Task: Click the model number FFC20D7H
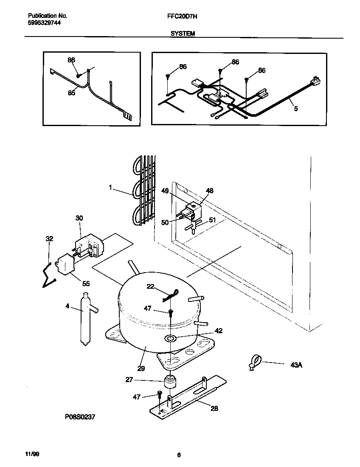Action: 179,16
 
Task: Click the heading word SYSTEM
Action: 183,33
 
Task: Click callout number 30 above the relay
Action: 79,218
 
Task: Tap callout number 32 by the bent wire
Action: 49,239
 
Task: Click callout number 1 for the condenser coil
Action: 110,186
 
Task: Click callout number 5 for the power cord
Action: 295,109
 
